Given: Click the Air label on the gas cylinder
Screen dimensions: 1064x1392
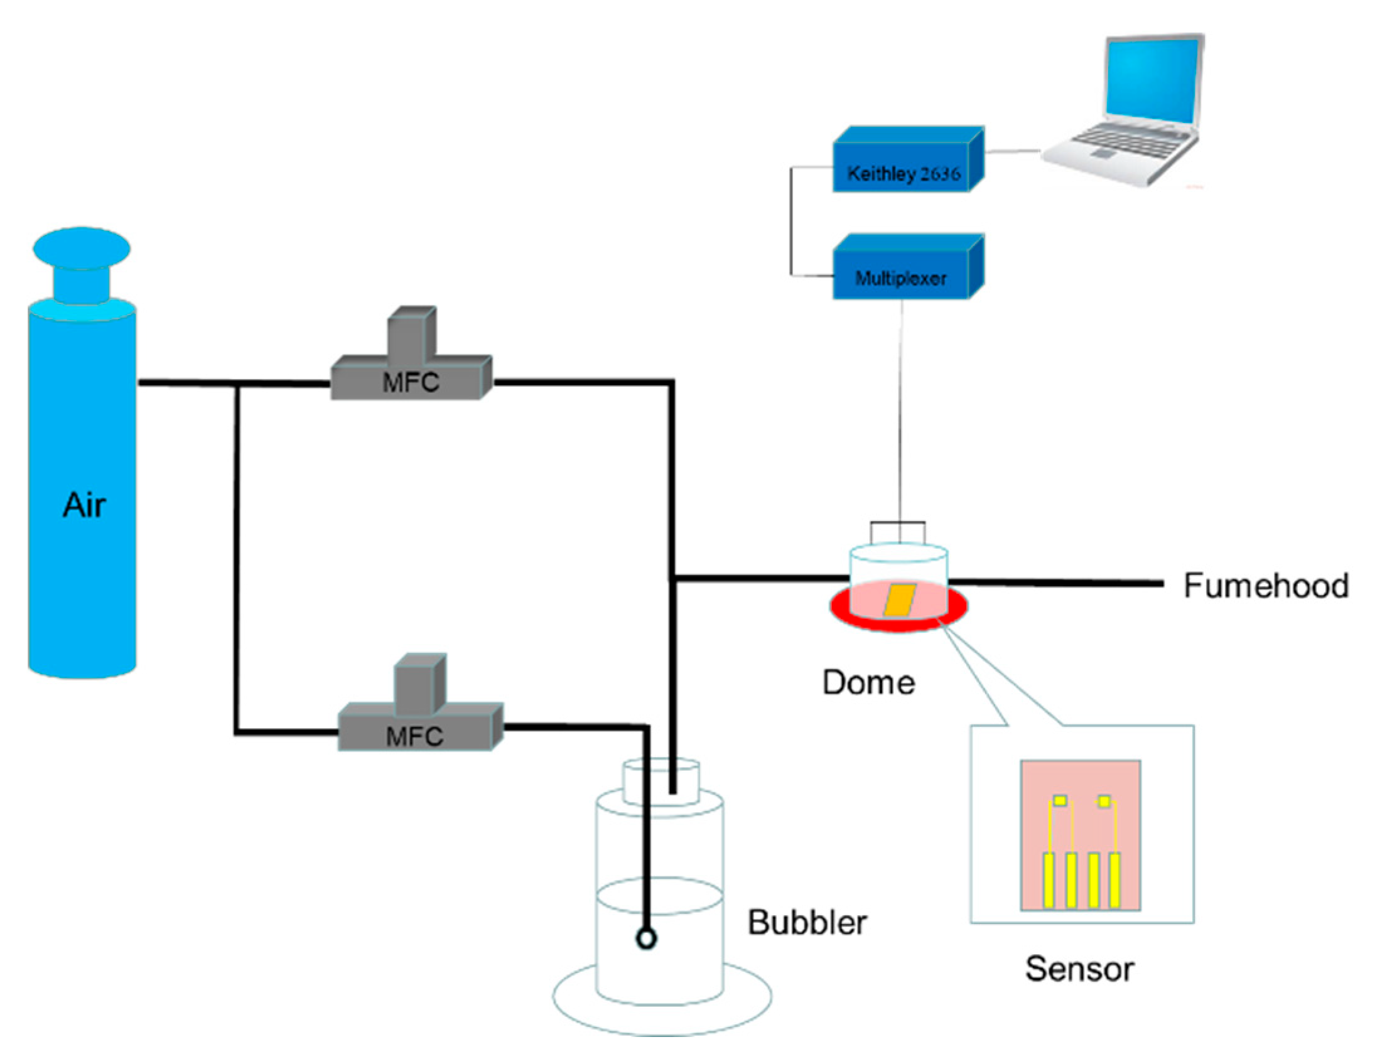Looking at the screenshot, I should (84, 505).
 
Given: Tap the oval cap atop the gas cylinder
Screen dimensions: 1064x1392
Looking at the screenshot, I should (82, 247).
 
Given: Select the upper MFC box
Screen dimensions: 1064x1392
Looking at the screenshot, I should (411, 380).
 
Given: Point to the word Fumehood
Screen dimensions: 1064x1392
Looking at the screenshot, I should (1265, 585).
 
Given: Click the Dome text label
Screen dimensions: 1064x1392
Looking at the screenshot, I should (868, 683).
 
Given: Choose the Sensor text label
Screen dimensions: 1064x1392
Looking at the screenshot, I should (1079, 969).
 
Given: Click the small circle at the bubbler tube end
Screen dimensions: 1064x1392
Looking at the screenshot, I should (646, 938).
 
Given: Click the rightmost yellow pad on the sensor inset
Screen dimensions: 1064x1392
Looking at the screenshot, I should (1114, 879).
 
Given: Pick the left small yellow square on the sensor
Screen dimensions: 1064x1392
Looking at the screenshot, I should (1060, 801).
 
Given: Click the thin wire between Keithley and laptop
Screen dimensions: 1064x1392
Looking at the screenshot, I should (1012, 152).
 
